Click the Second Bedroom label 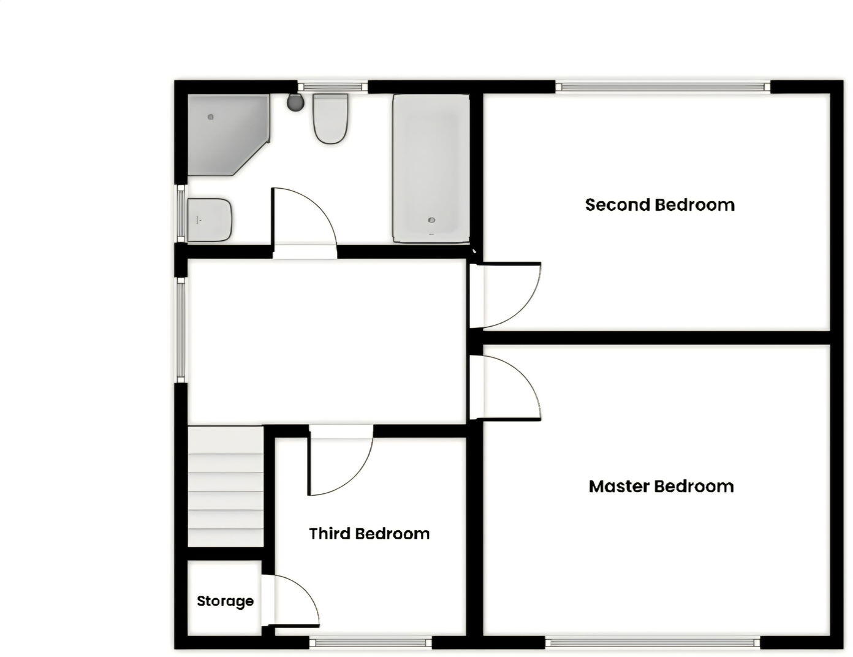(659, 205)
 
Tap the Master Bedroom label (661, 487)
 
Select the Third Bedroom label (369, 534)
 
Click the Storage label (225, 601)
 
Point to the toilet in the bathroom (331, 119)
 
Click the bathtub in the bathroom (431, 168)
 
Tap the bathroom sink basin (209, 219)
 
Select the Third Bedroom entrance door (340, 463)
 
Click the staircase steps (225, 487)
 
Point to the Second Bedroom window (663, 87)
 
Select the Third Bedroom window (370, 643)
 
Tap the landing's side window (180, 331)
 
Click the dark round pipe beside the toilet (295, 102)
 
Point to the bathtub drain (432, 220)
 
